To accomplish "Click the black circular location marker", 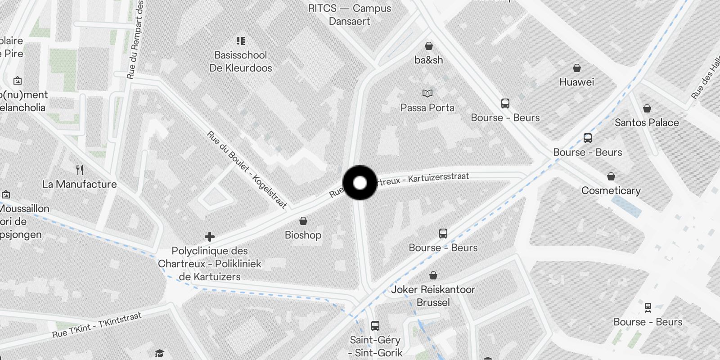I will point(360,183).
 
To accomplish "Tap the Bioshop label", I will point(303,235).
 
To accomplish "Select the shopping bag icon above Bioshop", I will point(303,221).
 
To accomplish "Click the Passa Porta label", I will point(427,108).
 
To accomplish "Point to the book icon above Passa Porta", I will point(427,93).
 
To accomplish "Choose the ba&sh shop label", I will point(428,60).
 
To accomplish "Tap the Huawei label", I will point(576,82).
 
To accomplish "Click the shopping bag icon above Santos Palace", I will point(647,108).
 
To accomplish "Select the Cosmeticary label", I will point(611,190).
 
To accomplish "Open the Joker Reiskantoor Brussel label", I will point(433,296).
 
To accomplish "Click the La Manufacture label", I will point(79,184).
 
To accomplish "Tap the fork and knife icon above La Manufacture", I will point(80,170).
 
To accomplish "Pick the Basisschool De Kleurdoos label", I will point(241,62).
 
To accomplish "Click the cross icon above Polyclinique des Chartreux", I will point(209,237).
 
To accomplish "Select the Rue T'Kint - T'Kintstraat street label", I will point(97,325).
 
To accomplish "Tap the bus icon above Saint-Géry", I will point(375,325).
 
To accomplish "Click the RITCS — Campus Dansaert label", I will point(350,14).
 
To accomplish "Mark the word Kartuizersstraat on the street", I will point(438,177).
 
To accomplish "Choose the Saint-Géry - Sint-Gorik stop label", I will point(375,346).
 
